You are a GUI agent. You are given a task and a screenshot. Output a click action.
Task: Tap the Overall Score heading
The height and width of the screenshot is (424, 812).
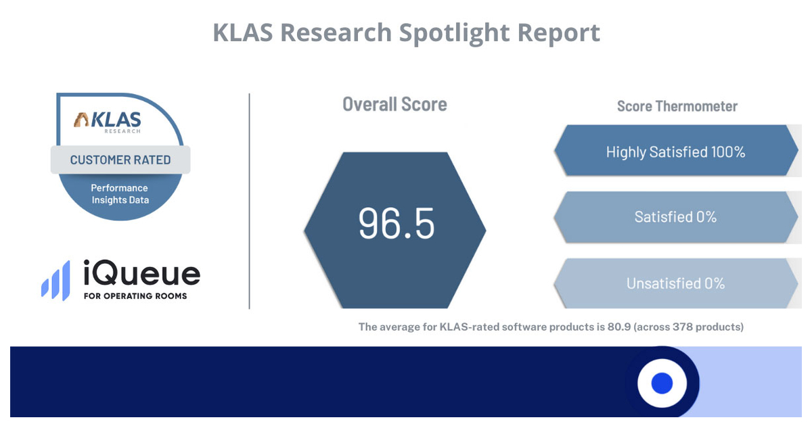click(394, 104)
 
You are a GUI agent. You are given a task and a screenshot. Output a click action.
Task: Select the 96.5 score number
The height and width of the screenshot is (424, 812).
click(396, 224)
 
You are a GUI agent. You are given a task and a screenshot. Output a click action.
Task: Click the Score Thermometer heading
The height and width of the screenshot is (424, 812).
click(677, 106)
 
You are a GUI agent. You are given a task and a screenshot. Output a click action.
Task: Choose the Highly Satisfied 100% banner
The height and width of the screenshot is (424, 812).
click(675, 151)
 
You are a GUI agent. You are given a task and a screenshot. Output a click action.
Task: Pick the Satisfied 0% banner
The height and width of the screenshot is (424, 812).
click(675, 217)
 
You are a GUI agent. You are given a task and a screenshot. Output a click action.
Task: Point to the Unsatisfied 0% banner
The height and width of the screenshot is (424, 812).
click(675, 283)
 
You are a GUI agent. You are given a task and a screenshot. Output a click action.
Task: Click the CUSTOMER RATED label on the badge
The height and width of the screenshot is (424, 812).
click(120, 160)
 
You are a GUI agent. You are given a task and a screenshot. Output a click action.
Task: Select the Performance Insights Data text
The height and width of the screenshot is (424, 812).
click(120, 193)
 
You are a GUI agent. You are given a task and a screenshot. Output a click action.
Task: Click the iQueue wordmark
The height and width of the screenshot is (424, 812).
click(141, 274)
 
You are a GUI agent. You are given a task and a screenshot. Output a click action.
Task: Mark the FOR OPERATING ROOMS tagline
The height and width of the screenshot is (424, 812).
click(135, 296)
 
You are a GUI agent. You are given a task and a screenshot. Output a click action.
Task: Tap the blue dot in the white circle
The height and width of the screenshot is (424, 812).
click(662, 383)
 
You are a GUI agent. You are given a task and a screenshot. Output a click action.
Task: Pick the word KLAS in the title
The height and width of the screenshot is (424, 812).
click(242, 32)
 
